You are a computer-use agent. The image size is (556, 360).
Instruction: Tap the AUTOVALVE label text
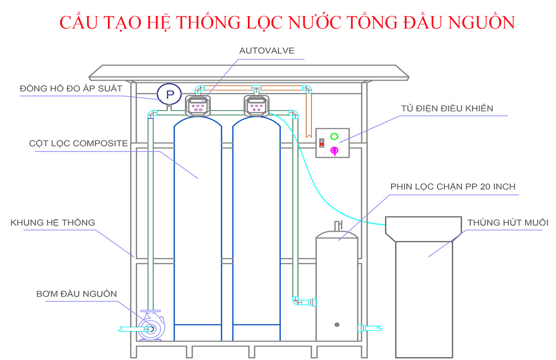point(266,51)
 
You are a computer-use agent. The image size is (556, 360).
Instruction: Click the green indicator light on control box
point(334,137)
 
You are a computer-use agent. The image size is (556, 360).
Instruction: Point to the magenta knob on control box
point(334,150)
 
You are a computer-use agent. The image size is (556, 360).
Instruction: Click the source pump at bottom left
point(151,328)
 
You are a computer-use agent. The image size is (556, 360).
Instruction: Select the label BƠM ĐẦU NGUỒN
point(76,294)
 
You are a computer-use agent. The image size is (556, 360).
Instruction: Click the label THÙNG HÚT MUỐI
point(508,223)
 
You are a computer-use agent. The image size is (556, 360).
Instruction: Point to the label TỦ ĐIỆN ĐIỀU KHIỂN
point(447,108)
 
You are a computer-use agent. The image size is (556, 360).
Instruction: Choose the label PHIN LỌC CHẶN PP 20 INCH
point(453,187)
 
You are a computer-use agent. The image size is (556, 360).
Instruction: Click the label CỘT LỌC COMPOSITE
point(78,144)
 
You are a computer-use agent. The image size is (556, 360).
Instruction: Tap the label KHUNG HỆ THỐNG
point(52,223)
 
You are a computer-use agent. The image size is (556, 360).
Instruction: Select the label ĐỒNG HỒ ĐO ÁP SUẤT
point(71,88)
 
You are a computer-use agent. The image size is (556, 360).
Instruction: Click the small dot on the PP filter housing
point(337,324)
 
